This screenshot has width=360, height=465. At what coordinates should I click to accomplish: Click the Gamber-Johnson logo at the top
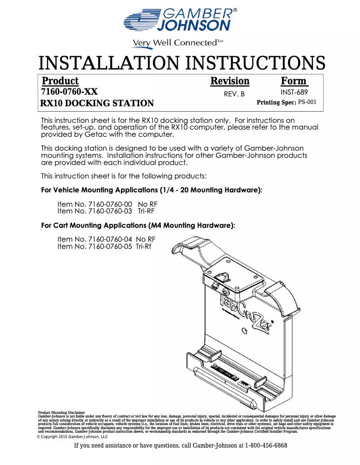(x=180, y=21)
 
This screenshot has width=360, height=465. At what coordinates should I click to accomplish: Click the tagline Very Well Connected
(x=177, y=43)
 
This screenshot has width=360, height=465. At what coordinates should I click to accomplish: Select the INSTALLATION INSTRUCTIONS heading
(x=181, y=63)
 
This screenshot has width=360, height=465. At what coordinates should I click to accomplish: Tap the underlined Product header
(x=60, y=81)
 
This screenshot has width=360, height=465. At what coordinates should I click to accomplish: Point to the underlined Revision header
(x=230, y=81)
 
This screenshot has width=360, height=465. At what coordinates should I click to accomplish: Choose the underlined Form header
(x=294, y=81)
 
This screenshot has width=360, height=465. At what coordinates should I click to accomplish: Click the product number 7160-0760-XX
(x=69, y=92)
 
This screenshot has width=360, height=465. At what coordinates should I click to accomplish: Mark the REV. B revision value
(x=234, y=94)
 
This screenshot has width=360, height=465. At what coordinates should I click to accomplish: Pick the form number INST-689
(x=294, y=92)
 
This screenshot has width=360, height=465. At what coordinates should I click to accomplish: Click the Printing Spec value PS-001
(x=307, y=102)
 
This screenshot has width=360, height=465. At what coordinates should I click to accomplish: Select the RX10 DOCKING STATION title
(x=97, y=104)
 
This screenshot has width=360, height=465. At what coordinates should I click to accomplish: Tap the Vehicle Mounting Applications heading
(x=152, y=190)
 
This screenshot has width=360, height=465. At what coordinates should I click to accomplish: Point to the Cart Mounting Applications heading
(x=138, y=225)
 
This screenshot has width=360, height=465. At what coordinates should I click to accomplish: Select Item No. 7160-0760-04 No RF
(x=106, y=239)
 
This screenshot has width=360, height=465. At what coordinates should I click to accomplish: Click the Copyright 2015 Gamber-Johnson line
(x=72, y=436)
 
